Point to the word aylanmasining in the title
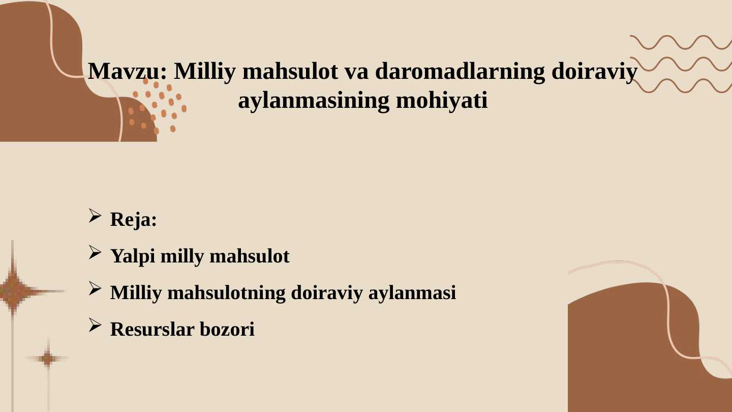[x=313, y=101]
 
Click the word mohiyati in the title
[x=442, y=101]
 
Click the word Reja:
[x=134, y=220]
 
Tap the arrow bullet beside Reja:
[x=95, y=216]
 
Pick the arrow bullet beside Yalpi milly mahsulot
[x=95, y=252]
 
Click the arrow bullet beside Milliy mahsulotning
[x=95, y=289]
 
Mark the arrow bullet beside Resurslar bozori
[x=95, y=326]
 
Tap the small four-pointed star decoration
[x=48, y=359]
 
